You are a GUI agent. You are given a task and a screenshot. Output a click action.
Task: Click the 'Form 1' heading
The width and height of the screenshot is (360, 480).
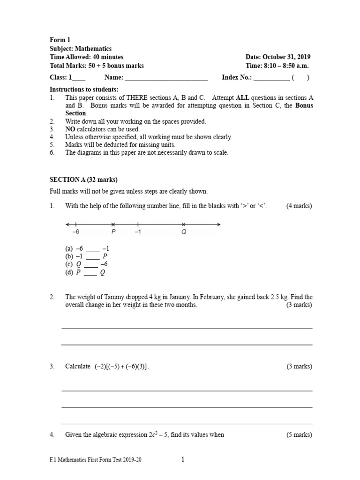(60, 40)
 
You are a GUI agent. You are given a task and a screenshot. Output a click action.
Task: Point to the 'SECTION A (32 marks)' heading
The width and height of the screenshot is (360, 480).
(84, 180)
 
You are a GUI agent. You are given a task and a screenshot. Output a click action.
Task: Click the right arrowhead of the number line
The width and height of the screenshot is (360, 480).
(218, 225)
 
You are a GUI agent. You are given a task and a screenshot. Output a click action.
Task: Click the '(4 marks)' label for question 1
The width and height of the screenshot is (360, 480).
(299, 206)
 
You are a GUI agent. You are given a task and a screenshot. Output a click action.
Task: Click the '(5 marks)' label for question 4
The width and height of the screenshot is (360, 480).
(299, 435)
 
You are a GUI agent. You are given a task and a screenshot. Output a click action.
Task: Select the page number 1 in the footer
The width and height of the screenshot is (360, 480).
(183, 460)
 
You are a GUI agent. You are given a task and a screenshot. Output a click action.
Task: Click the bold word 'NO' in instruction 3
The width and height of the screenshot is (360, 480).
(70, 129)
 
